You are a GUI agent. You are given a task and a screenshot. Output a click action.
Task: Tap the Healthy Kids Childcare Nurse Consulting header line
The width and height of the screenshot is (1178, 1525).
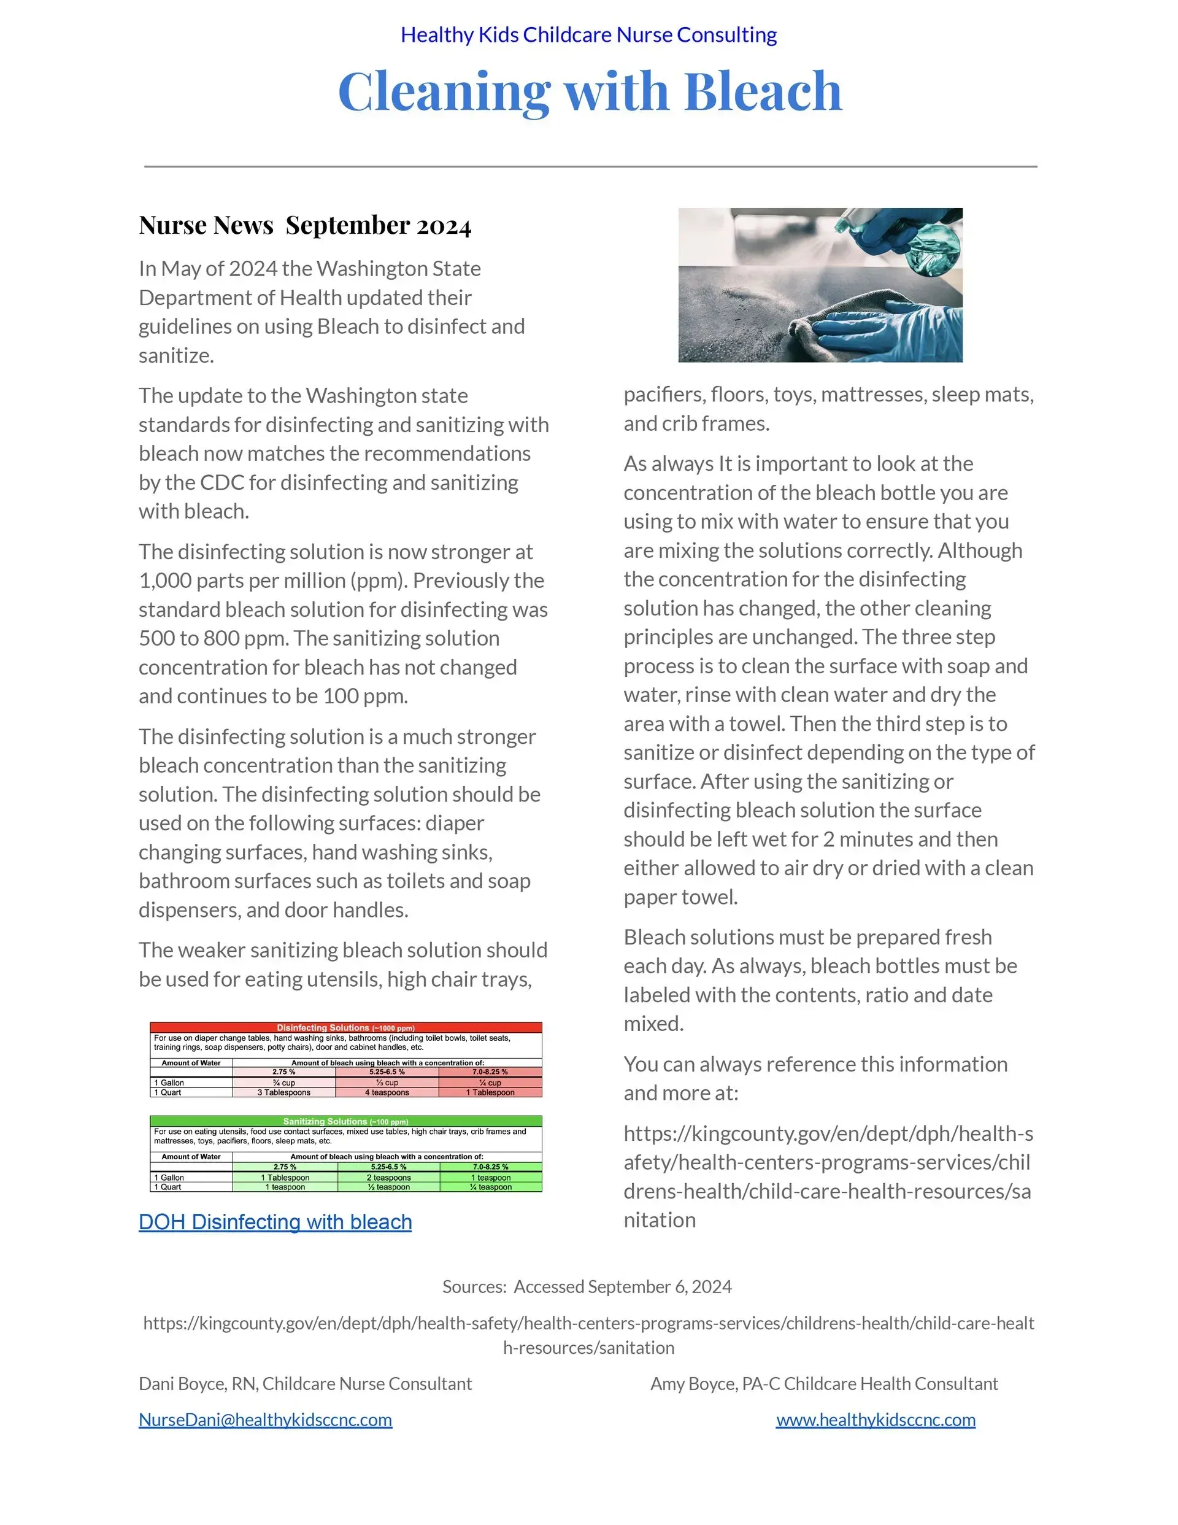[x=588, y=35]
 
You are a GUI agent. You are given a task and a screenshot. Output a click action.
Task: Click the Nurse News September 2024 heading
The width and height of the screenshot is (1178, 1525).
[x=305, y=226]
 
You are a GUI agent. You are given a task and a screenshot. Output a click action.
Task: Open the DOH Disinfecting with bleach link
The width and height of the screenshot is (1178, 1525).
[x=275, y=1222]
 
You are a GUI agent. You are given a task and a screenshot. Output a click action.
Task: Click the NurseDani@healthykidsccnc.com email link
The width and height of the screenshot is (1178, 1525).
[x=265, y=1419]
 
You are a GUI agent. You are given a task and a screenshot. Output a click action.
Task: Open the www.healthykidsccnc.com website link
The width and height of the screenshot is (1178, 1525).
[x=875, y=1419]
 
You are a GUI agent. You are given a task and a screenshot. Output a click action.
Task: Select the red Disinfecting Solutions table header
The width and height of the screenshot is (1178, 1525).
[x=345, y=1028]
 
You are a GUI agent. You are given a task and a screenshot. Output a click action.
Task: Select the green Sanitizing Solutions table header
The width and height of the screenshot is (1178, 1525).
[x=345, y=1121]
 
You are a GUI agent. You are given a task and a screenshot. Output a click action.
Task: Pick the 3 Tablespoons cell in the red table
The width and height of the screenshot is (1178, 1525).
[x=283, y=1092]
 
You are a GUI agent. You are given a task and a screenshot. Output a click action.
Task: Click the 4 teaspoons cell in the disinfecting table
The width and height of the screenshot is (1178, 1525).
[x=387, y=1092]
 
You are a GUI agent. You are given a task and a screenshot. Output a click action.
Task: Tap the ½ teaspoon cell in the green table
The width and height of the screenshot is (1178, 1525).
[x=388, y=1187]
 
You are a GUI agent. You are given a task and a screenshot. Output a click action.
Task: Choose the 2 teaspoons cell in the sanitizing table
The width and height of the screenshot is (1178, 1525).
[x=388, y=1177]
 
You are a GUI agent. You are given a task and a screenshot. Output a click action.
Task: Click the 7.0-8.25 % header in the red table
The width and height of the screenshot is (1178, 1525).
[x=490, y=1072]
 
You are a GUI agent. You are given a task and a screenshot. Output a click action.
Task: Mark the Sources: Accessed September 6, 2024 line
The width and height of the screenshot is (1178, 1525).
[x=587, y=1287]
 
